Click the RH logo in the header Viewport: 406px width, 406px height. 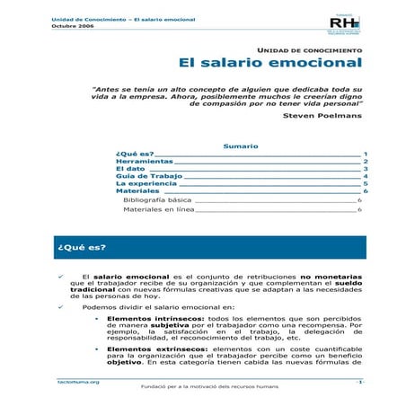(345, 22)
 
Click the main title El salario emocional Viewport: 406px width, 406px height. (270, 64)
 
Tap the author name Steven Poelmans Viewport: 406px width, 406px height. (322, 116)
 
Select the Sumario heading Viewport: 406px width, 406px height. (240, 146)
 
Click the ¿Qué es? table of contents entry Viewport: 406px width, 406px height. (136, 154)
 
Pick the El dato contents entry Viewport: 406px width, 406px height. (130, 169)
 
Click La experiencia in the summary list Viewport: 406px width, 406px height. (146, 183)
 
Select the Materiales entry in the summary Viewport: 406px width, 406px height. (137, 191)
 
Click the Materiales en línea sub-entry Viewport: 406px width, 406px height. (158, 209)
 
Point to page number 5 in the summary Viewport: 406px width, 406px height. (365, 183)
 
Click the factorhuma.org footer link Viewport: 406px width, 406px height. (78, 382)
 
